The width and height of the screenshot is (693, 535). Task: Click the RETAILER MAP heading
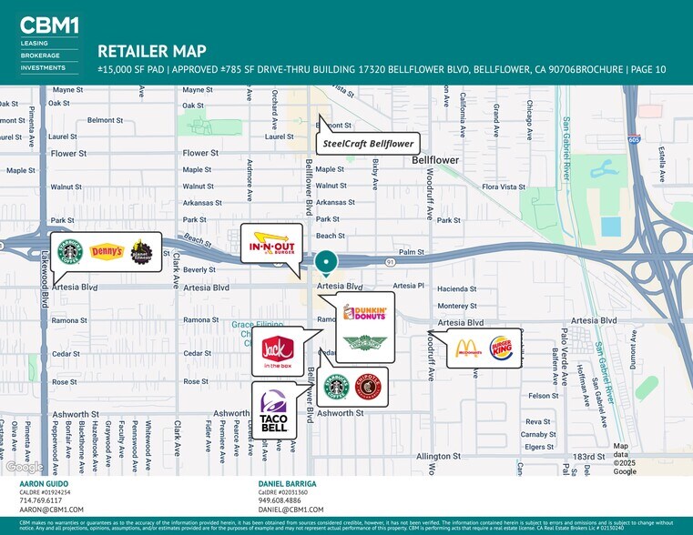[151, 51]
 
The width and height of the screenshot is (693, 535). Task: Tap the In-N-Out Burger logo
[270, 244]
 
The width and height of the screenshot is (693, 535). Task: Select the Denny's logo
[106, 252]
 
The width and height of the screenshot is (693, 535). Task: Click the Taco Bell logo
[273, 411]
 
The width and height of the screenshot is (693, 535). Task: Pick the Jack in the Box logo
[276, 351]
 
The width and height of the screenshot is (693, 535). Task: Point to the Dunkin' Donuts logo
[365, 313]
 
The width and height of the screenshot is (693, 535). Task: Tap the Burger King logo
[501, 348]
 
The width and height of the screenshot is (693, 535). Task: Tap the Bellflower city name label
[435, 160]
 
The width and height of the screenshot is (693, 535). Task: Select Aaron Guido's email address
[51, 510]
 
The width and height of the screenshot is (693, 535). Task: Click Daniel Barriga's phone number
[280, 500]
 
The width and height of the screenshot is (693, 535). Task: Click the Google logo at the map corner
[25, 467]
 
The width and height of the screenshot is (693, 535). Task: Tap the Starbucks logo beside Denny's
[71, 252]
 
